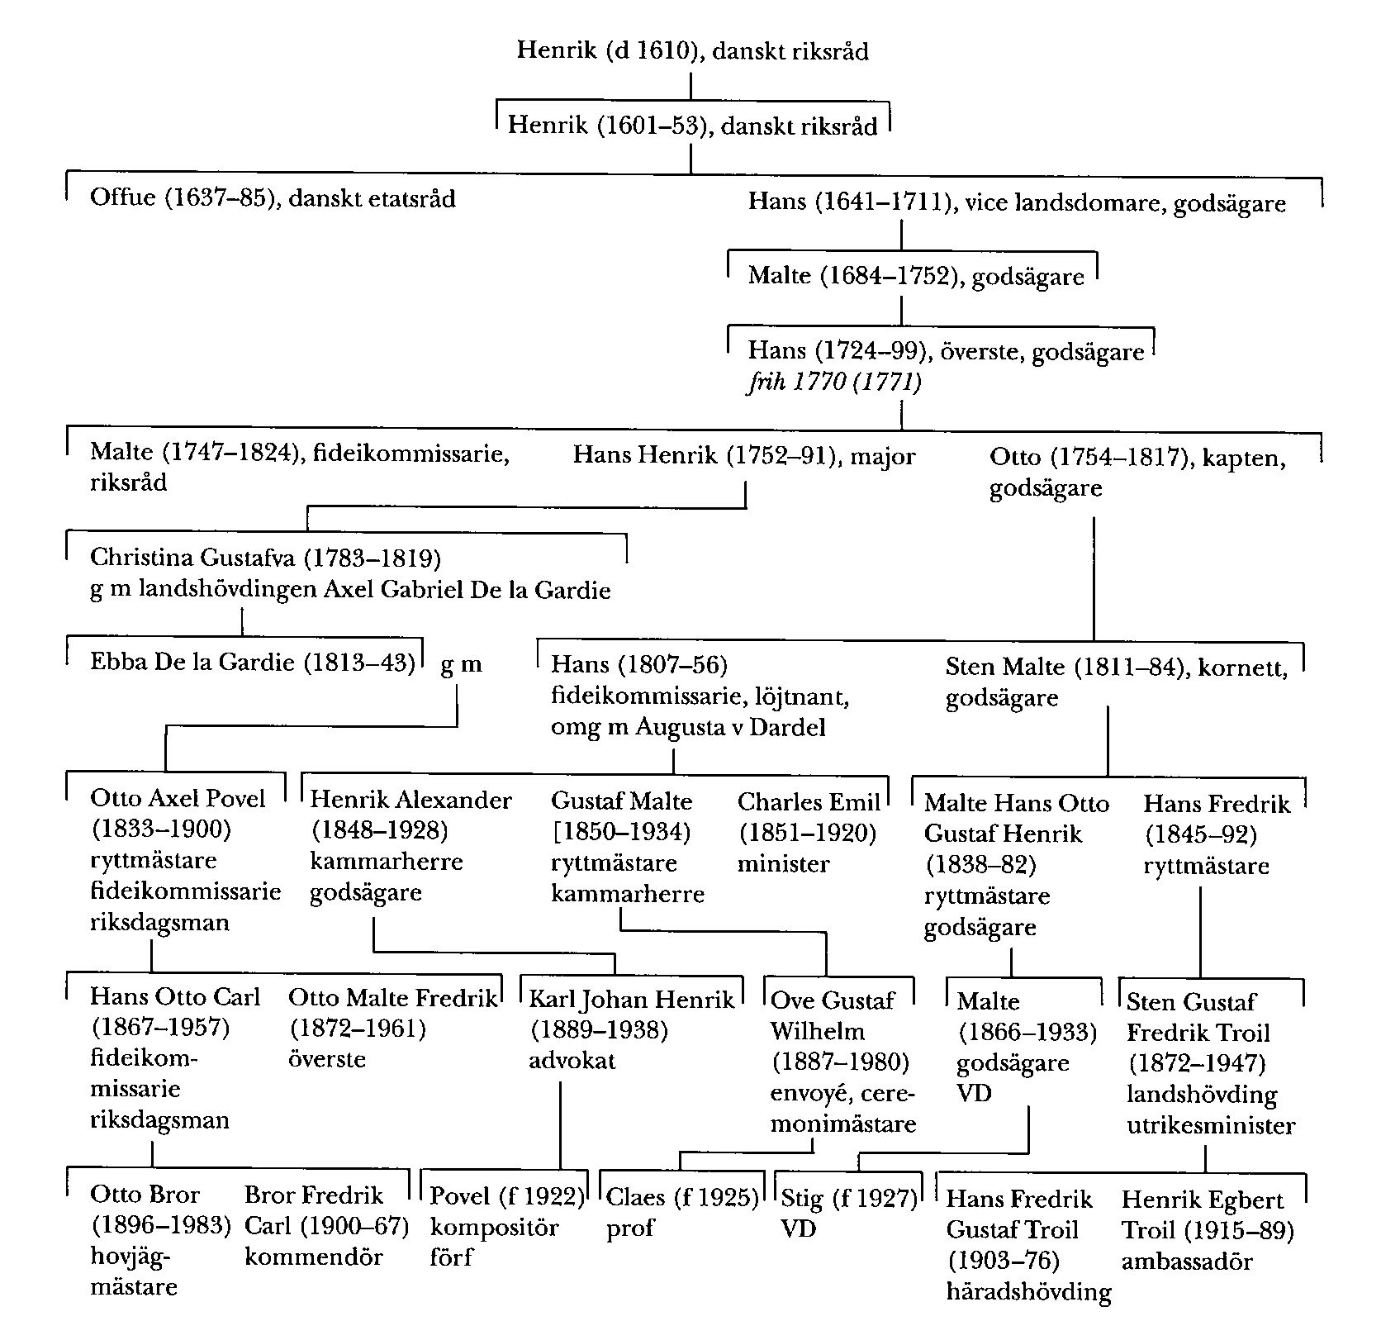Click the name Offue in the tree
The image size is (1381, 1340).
[x=122, y=199]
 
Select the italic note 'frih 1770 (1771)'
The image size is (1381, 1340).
[x=834, y=382]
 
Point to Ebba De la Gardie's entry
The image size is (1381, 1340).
[x=252, y=663]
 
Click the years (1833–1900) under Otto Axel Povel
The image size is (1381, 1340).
[x=161, y=829]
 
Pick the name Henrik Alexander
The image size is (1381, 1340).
[x=411, y=801]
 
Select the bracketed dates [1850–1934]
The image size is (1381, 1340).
[x=620, y=832]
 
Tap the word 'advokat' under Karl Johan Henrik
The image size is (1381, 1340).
[x=572, y=1061]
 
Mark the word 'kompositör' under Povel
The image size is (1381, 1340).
[x=494, y=1228]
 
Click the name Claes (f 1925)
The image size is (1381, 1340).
[x=682, y=1197]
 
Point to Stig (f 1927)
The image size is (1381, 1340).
[x=849, y=1197]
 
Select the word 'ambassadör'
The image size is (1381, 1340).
[x=1187, y=1262]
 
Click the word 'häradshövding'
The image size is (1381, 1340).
[x=1028, y=1292]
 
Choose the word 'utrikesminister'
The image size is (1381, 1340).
[x=1211, y=1125]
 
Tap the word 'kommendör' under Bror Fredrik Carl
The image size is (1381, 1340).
[x=314, y=1257]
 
